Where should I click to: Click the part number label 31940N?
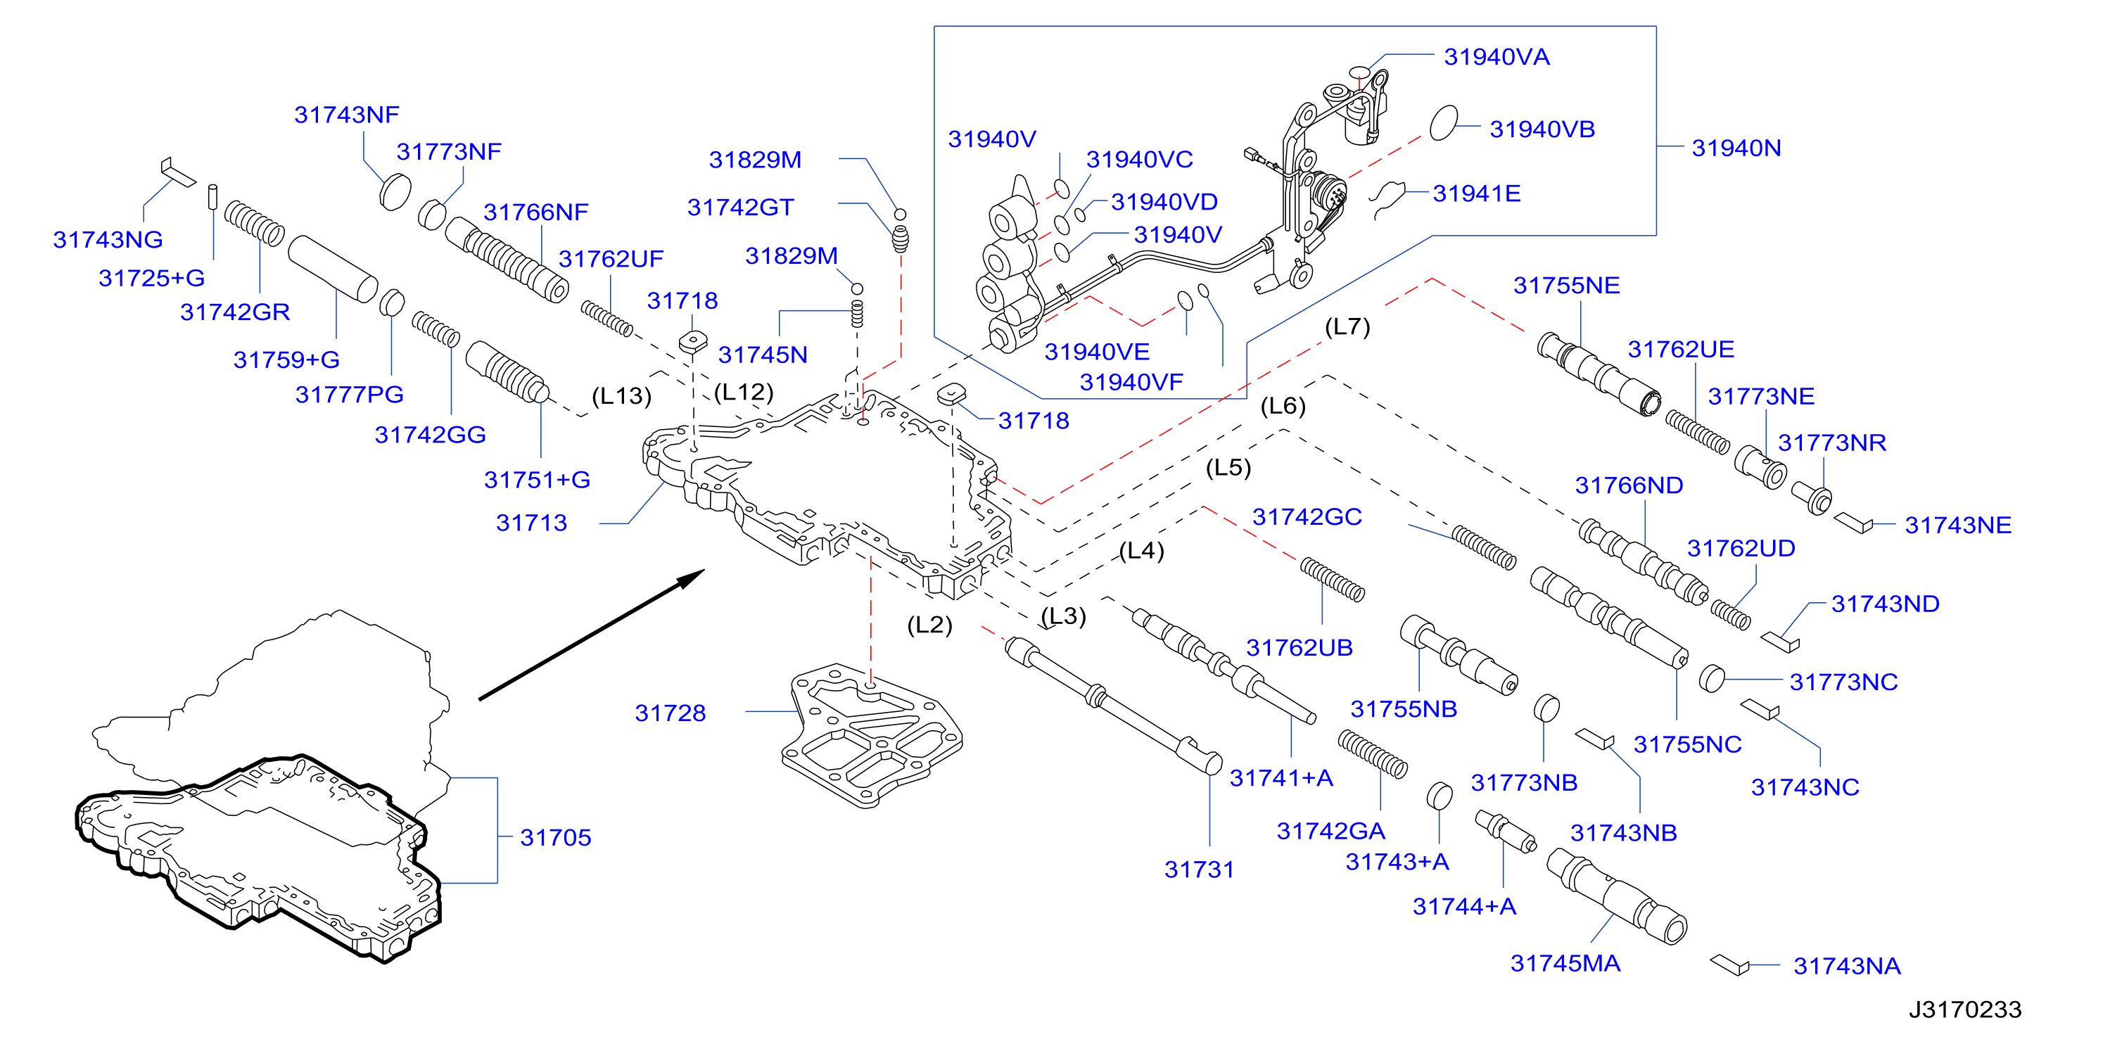[x=1736, y=148]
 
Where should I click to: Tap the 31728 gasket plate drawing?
[x=872, y=734]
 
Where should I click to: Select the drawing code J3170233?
[x=1965, y=1010]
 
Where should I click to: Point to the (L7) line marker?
[x=1347, y=326]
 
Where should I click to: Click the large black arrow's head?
[x=690, y=578]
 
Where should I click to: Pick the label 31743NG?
[x=108, y=240]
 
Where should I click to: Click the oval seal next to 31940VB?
[x=1443, y=123]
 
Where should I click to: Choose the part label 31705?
[x=555, y=838]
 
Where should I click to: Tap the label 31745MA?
[x=1565, y=963]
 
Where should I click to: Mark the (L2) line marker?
[x=929, y=625]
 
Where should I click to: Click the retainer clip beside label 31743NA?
[x=1730, y=965]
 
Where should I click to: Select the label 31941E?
[x=1476, y=193]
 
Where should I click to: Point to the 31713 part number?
[x=532, y=523]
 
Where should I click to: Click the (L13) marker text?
[x=622, y=395]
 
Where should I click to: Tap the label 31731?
[x=1199, y=870]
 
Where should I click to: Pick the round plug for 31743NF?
[x=395, y=191]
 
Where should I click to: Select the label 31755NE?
[x=1566, y=285]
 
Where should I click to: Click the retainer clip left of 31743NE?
[x=1852, y=523]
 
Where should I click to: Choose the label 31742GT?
[x=740, y=207]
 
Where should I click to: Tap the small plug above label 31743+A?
[x=1439, y=796]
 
